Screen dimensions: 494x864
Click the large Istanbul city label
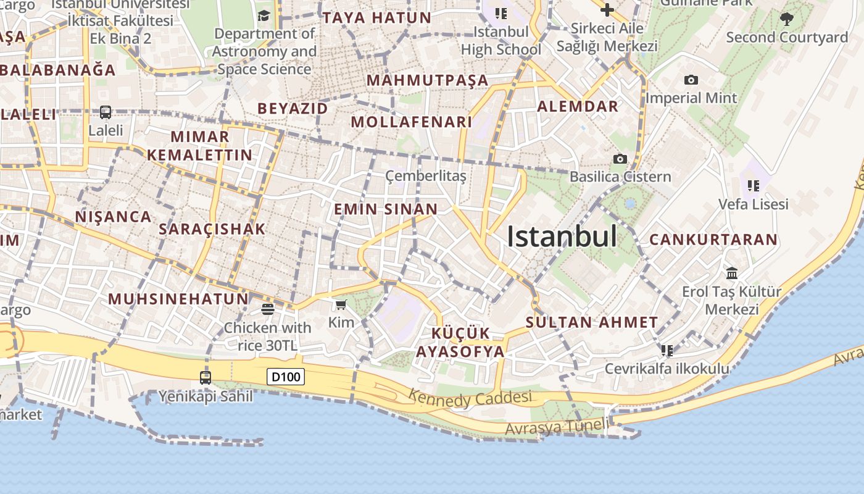(x=562, y=237)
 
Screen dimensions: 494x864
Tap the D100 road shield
(x=286, y=376)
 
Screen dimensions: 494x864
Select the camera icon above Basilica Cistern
(x=620, y=159)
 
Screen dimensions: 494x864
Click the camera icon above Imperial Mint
(x=691, y=80)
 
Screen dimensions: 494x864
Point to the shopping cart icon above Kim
(x=341, y=304)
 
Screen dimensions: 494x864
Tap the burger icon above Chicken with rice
(x=267, y=309)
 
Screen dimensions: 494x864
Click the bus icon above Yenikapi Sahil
(x=206, y=377)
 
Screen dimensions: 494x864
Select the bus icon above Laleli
(x=106, y=112)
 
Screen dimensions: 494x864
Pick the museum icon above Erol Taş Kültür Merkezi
(x=732, y=273)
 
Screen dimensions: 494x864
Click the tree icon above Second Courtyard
(x=787, y=19)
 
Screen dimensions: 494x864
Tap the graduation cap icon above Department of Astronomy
(x=264, y=15)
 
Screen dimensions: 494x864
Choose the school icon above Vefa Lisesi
(x=753, y=185)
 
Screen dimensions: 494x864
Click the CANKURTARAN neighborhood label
(x=713, y=240)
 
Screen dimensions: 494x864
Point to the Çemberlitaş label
(x=426, y=176)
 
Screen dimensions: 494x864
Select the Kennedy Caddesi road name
(x=470, y=399)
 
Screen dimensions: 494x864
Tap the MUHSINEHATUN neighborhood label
(x=178, y=299)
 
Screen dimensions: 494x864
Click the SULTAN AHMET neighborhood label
(x=592, y=322)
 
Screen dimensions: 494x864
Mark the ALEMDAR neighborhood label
(x=578, y=106)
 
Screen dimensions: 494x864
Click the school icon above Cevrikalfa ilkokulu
(x=667, y=351)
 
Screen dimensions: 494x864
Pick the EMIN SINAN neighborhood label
(x=386, y=209)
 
